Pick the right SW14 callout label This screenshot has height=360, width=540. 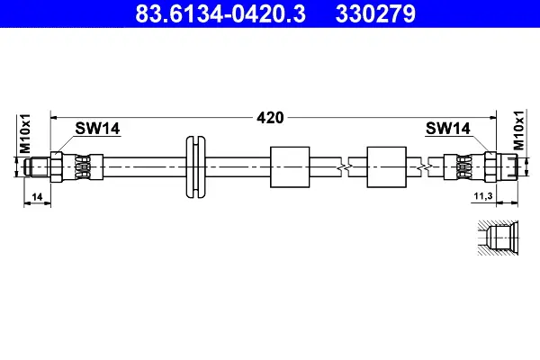(x=447, y=129)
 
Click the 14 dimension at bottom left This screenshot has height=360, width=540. (x=36, y=195)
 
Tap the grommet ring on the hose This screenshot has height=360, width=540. (x=194, y=166)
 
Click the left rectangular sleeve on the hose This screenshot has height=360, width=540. (x=291, y=166)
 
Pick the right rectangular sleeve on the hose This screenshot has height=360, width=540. (x=389, y=166)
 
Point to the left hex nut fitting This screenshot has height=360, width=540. (x=58, y=166)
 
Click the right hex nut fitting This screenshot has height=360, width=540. (x=491, y=166)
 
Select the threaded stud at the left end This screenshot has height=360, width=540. (x=38, y=166)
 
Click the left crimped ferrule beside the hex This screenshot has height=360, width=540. (x=82, y=166)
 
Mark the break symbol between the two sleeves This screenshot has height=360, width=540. (x=339, y=166)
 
